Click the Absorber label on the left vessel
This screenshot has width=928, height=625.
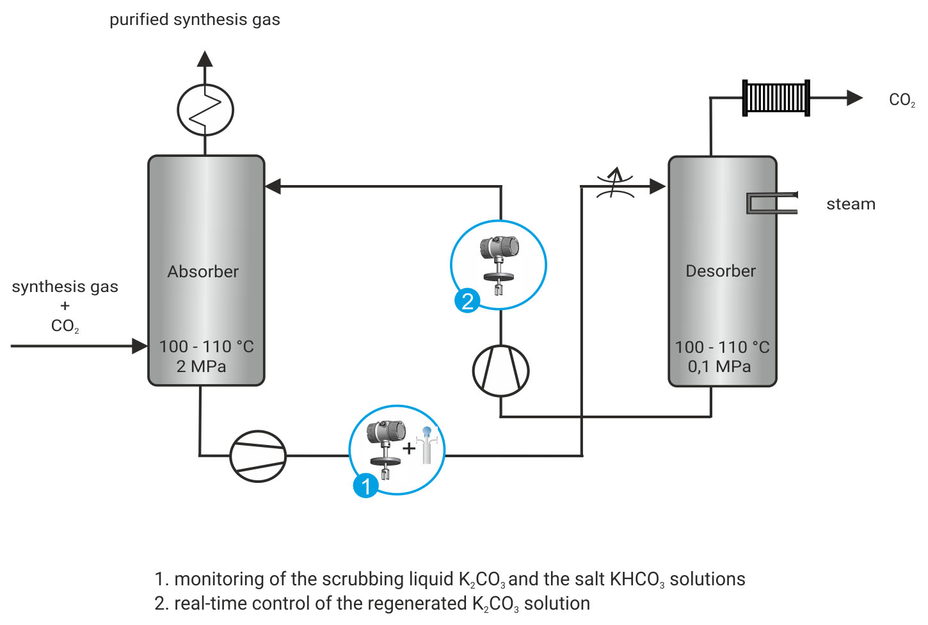point(203,272)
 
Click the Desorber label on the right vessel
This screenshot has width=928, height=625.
point(721,271)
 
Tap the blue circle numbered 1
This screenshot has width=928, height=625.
point(366,486)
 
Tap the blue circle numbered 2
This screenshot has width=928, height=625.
point(467,300)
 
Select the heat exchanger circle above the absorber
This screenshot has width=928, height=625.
point(205,110)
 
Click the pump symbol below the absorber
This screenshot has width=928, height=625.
point(258,456)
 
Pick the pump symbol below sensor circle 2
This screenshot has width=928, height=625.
point(500,371)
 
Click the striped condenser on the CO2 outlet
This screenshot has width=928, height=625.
point(776,98)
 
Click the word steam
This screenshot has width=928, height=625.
point(851,204)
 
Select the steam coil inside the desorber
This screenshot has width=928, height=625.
point(771,203)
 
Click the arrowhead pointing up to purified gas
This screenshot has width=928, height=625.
point(205,59)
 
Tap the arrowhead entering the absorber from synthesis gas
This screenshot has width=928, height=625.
point(140,346)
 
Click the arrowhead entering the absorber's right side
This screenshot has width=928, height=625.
point(273,186)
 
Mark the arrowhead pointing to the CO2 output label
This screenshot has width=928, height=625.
point(854,98)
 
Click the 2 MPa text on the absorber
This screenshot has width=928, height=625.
point(201,367)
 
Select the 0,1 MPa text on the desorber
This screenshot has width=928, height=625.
point(719,367)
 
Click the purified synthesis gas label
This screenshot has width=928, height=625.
point(195,20)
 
